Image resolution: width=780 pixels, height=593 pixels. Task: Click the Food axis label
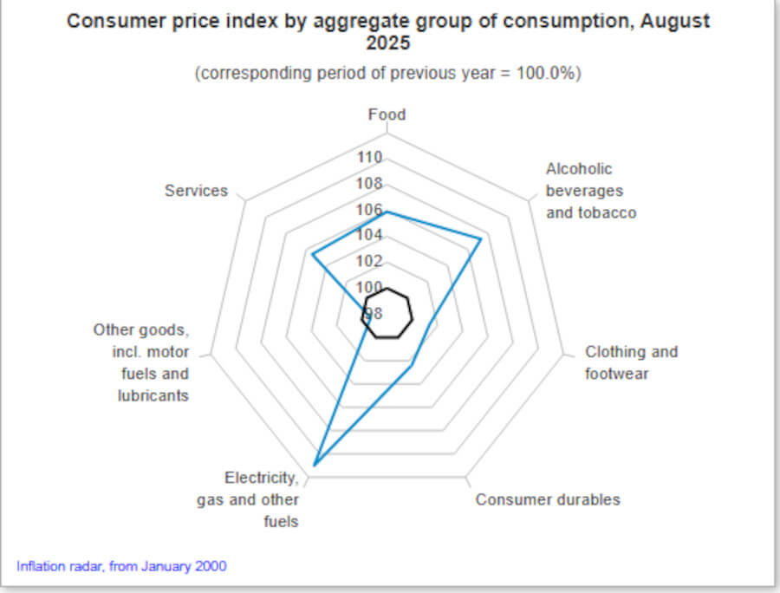387,114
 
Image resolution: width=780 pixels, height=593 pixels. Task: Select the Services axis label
196,191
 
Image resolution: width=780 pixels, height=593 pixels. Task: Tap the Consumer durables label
548,499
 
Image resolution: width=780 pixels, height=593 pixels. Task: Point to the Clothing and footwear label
631,363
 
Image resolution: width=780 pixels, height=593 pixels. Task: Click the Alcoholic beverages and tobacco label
590,191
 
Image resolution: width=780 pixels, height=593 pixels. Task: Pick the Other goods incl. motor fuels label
141,363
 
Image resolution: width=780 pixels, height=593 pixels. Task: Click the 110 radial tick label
370,158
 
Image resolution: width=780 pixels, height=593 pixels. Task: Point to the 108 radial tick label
370,184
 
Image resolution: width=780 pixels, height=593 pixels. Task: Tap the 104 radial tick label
370,236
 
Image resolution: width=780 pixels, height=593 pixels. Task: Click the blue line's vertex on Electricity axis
314,466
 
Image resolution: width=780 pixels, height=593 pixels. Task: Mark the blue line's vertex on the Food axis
387,212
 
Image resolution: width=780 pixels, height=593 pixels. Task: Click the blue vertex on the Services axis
312,254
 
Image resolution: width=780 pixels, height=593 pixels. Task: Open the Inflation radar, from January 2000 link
121,566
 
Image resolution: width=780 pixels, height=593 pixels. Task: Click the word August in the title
674,21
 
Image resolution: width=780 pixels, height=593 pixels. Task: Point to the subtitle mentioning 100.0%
387,74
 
